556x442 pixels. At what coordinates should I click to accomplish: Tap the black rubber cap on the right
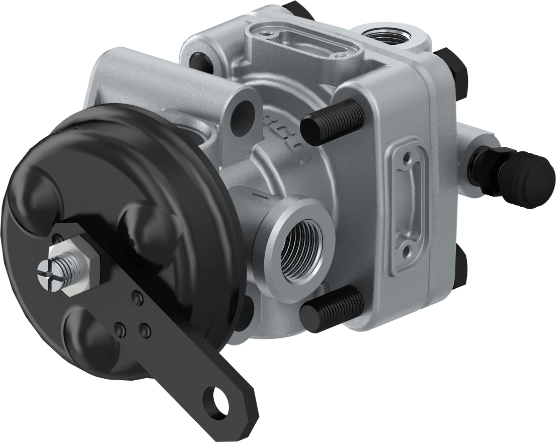point(528,176)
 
